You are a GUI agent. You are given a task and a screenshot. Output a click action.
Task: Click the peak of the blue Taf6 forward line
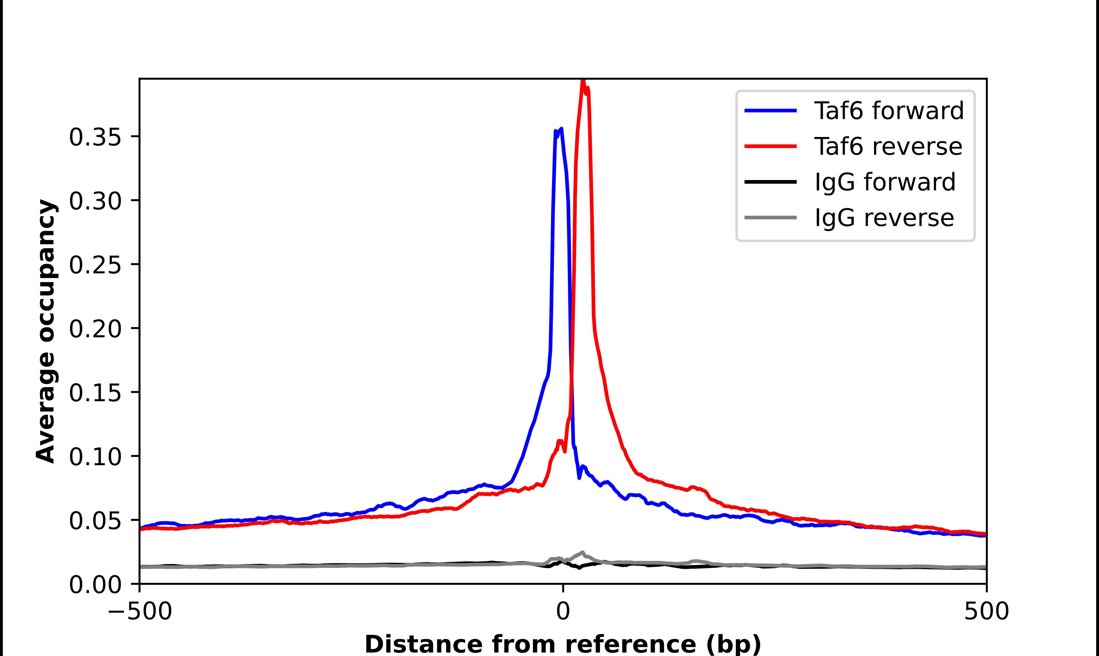[x=561, y=129]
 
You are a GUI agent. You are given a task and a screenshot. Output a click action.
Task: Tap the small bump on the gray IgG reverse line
[x=582, y=553]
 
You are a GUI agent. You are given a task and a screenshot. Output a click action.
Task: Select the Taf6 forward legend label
[x=889, y=111]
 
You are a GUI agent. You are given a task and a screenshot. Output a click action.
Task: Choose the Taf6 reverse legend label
[x=888, y=146]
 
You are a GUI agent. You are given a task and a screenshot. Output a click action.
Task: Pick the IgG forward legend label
[x=885, y=182]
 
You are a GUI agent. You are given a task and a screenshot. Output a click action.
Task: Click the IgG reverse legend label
[x=884, y=218]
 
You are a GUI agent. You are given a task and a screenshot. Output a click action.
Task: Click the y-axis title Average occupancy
[x=46, y=331]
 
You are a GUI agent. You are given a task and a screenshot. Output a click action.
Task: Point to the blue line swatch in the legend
[x=770, y=111]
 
